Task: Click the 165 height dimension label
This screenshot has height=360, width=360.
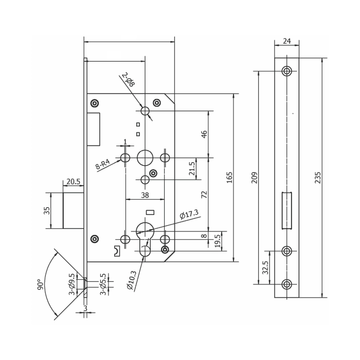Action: pos(229,177)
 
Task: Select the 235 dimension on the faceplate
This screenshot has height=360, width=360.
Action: pos(318,177)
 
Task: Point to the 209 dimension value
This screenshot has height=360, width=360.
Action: pos(254,177)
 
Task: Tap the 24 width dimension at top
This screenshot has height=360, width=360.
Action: pos(286,42)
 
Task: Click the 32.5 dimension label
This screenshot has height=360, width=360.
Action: pos(265,267)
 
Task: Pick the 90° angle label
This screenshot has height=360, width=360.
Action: pos(40,285)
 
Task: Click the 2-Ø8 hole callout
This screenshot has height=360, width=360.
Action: pos(128,80)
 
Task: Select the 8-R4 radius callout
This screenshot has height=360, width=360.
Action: pos(103,165)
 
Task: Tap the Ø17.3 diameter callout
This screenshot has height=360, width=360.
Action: pos(189,214)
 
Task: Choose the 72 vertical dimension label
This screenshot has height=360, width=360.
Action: pos(204,194)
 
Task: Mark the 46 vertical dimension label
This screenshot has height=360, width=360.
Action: pos(204,134)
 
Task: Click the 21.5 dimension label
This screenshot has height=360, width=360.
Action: pos(192,169)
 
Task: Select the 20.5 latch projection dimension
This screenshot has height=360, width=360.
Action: pos(74,182)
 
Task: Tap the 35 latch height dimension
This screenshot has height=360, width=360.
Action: pos(47,210)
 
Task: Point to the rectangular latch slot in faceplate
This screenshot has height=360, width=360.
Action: pos(286,210)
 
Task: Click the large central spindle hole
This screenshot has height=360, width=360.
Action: pos(145,157)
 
